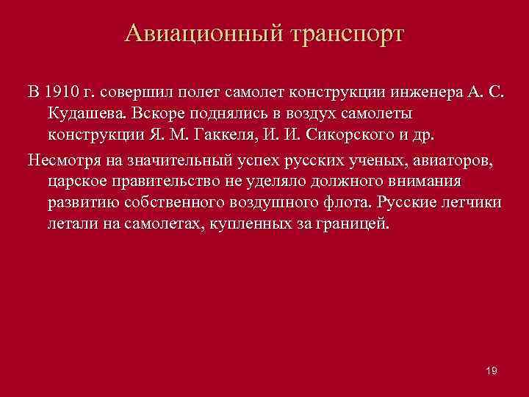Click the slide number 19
(492, 371)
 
